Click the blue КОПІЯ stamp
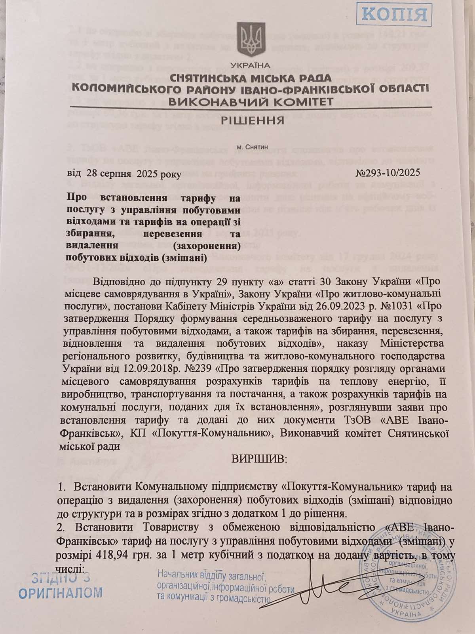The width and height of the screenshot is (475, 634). (x=394, y=14)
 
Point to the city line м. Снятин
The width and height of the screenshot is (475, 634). (x=252, y=147)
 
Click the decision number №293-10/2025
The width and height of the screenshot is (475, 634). (x=387, y=173)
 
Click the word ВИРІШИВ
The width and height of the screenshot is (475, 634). (x=258, y=460)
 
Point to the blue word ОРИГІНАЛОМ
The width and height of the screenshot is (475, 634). (x=60, y=593)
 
